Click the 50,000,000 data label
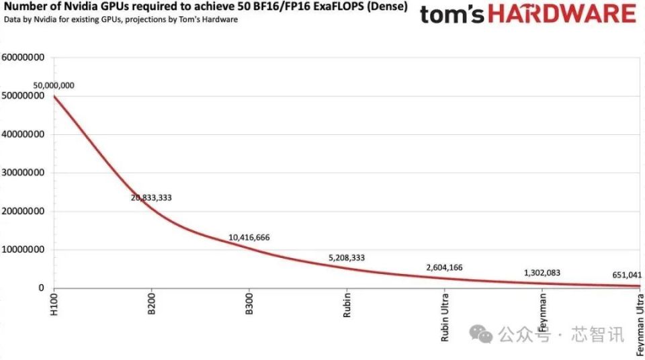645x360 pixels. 54,86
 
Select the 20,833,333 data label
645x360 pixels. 156,198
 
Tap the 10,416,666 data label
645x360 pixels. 249,238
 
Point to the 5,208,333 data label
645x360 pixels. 347,257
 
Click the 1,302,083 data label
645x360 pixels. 542,273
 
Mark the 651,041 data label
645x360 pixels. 627,275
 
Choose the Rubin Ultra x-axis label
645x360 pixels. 445,318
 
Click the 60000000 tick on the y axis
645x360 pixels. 23,58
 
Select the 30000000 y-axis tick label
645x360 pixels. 23,173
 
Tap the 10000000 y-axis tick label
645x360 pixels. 23,250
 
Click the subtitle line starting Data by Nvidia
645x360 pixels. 121,19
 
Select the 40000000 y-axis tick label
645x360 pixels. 23,134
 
